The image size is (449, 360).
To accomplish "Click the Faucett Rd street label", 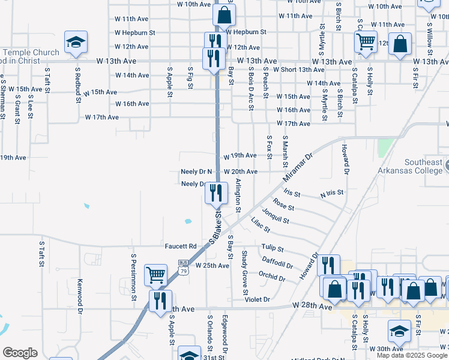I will coord(181,247).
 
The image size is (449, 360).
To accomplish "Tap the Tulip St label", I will coord(271,248).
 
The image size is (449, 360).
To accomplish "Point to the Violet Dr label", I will coord(257,299).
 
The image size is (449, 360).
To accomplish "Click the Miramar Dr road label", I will coord(298,167).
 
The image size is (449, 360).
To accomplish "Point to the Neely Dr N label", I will coord(197,172).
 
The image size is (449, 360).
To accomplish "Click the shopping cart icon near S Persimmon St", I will coord(155,274).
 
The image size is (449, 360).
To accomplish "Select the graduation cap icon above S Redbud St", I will coord(76,42).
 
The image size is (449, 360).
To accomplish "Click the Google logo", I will coord(20,353).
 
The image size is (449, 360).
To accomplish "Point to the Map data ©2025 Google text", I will coord(411,355).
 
